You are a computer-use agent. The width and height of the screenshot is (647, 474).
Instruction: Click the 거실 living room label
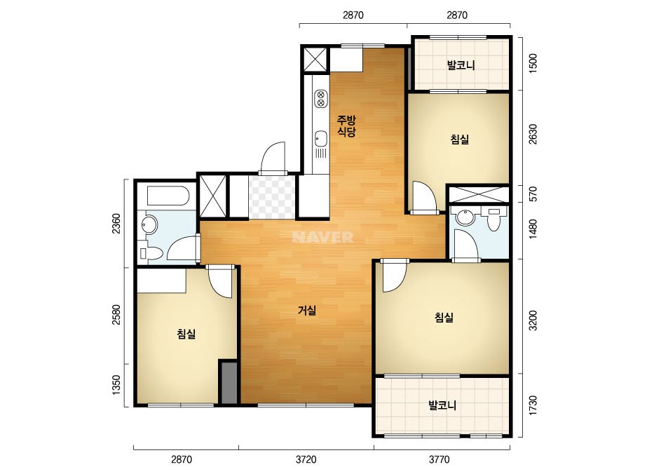(308, 310)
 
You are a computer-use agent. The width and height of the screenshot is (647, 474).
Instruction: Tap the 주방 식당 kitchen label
(346, 126)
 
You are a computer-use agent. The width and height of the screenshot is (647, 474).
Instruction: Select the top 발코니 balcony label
(461, 65)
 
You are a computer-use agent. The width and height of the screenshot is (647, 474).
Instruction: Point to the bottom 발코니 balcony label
(442, 405)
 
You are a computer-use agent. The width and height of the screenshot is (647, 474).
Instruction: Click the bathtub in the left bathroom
(168, 196)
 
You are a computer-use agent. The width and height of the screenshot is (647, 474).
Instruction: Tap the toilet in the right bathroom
(493, 219)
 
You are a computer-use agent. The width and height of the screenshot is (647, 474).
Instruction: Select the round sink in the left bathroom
(149, 224)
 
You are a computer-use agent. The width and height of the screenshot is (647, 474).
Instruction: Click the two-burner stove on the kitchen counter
(320, 99)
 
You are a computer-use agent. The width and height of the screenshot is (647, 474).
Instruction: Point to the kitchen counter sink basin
(320, 138)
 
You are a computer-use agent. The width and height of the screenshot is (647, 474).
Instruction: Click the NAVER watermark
(322, 237)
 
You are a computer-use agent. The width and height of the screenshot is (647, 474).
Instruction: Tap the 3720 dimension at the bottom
(306, 459)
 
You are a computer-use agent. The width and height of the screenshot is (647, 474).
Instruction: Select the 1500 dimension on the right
(533, 63)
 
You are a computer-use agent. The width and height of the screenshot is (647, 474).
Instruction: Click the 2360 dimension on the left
(116, 224)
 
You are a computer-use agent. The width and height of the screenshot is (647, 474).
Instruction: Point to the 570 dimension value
(533, 194)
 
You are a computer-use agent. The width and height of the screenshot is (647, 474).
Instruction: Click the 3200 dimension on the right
(533, 320)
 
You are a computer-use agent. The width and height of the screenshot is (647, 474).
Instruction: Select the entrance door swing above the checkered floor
(273, 158)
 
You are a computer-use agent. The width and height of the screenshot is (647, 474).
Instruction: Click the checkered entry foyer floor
(272, 197)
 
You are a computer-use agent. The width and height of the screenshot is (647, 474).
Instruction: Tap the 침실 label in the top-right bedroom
(460, 139)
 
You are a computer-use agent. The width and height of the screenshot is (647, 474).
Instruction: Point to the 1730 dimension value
(533, 405)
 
